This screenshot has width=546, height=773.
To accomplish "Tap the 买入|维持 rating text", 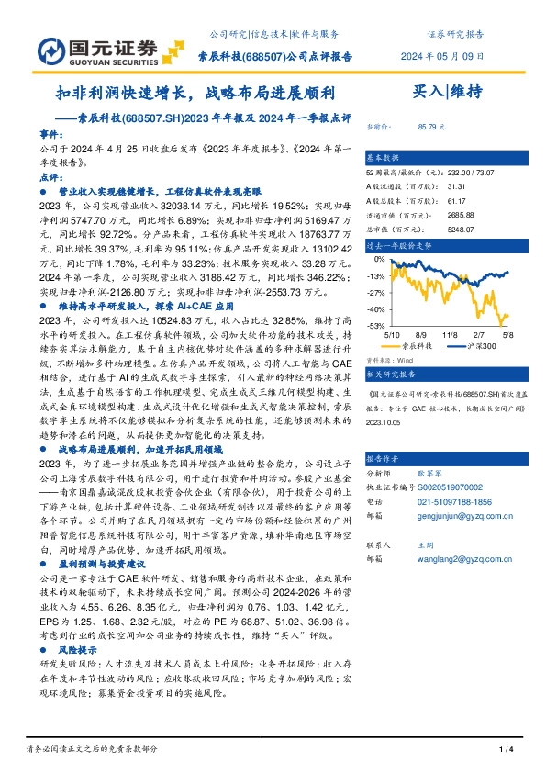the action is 448,93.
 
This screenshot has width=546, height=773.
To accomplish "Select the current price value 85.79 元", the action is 431,127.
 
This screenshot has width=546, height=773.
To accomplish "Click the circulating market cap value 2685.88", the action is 434,217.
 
